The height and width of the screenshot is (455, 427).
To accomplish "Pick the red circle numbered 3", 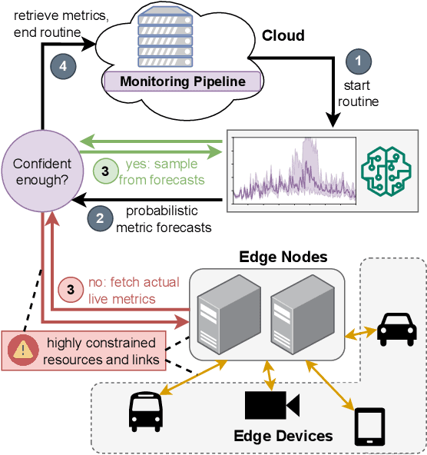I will coord(71,290).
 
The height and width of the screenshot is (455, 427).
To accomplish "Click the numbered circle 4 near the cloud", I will coord(65,65).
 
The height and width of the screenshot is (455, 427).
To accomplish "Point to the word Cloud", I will coord(283,35).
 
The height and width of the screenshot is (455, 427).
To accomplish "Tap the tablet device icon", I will coord(369,427).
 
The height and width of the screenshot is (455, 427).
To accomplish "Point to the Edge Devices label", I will coord(283,436).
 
